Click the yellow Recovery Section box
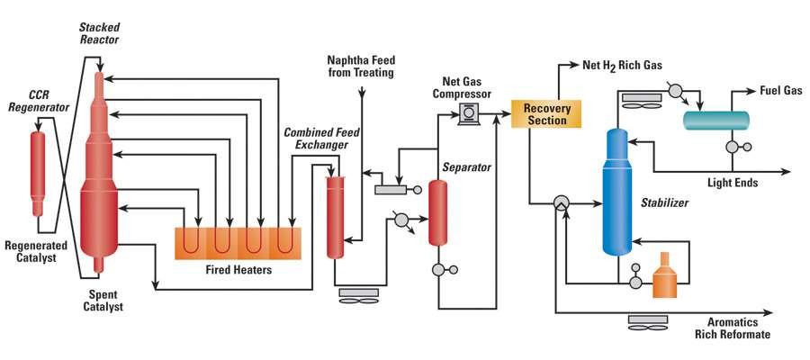[546, 114]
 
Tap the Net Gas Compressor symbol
[469, 112]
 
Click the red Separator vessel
[438, 212]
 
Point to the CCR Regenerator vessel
[37, 171]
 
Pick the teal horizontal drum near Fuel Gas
[715, 119]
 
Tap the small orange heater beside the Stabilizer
[664, 274]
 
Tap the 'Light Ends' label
[733, 183]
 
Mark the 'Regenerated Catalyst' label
[31, 252]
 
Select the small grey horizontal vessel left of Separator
[391, 189]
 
